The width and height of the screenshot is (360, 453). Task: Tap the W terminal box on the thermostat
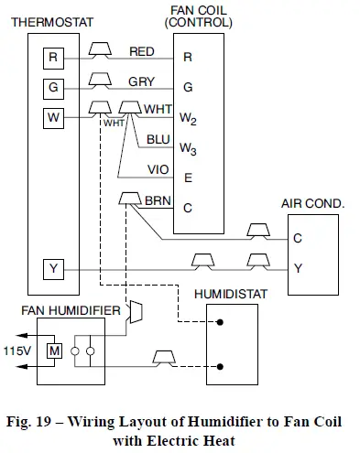[52, 117]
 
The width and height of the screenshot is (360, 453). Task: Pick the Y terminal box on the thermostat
[52, 268]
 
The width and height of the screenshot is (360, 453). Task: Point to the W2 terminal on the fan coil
[188, 118]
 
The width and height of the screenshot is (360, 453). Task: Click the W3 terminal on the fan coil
[188, 148]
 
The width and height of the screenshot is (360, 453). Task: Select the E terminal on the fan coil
[187, 178]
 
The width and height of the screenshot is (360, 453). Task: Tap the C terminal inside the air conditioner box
[298, 239]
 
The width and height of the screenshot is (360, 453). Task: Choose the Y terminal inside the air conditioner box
[298, 268]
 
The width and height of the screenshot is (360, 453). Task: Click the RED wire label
[142, 51]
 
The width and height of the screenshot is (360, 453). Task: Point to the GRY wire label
[141, 81]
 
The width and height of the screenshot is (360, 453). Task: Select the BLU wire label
[158, 140]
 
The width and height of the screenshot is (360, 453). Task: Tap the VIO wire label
[158, 170]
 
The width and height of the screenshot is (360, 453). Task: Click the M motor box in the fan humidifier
[55, 351]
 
